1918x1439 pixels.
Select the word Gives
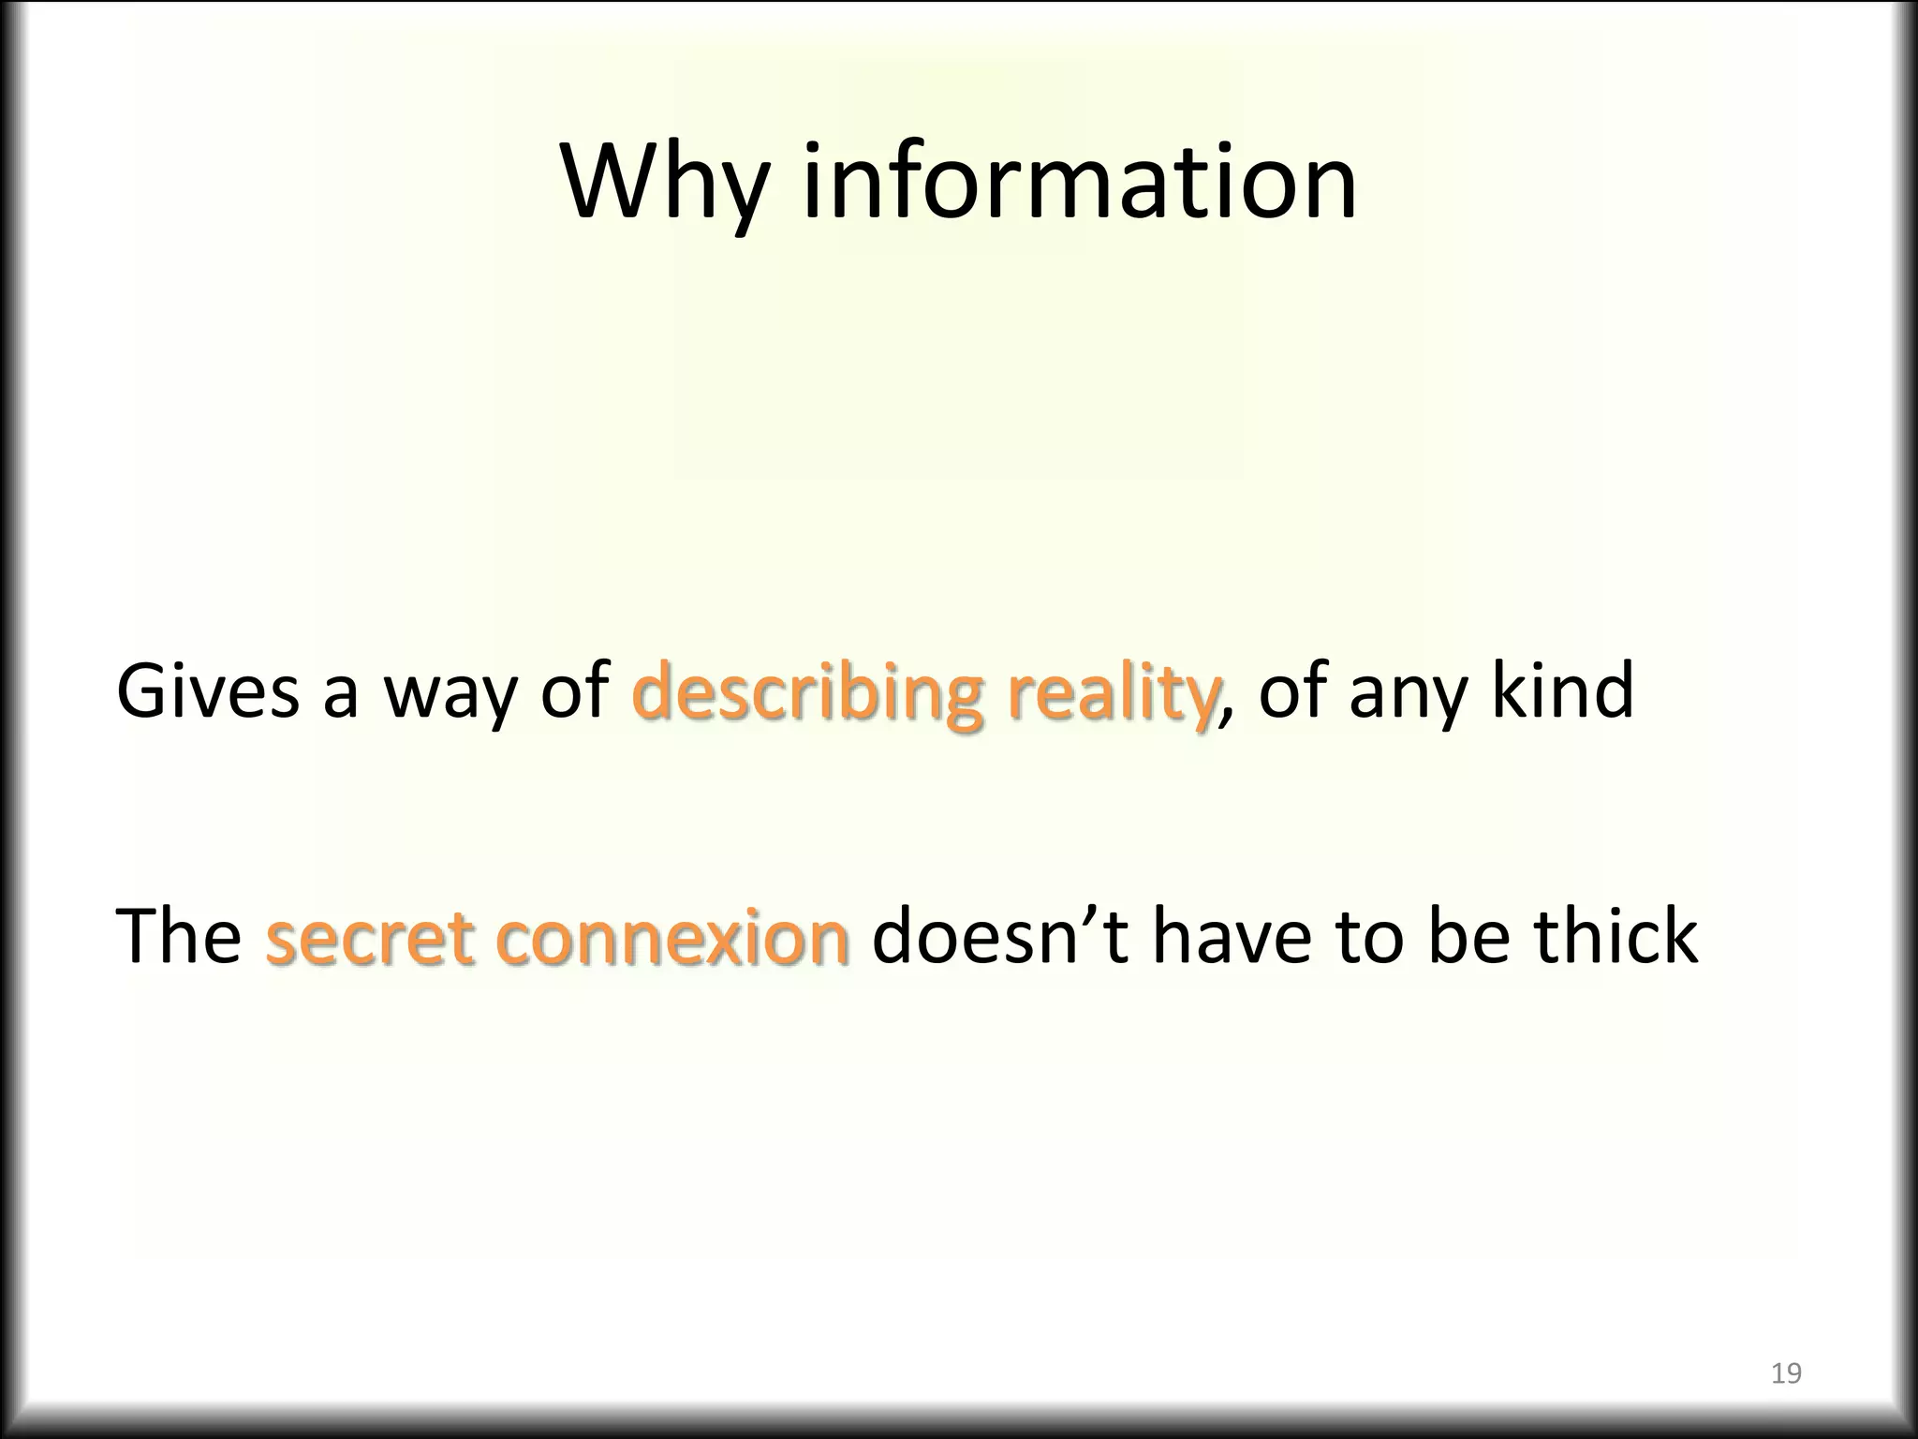208,690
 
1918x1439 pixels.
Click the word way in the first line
448,690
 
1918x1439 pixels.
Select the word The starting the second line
178,936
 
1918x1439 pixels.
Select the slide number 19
1786,1374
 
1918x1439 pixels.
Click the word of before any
1292,690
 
